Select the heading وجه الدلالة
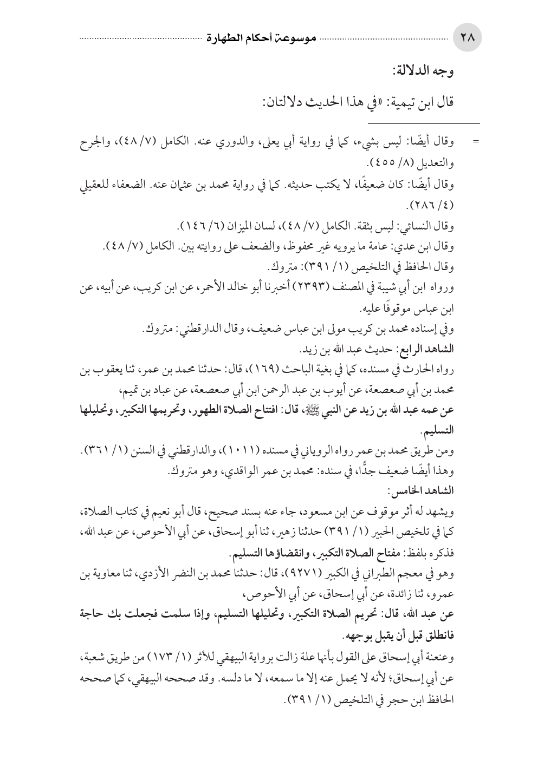[x=426, y=70]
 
